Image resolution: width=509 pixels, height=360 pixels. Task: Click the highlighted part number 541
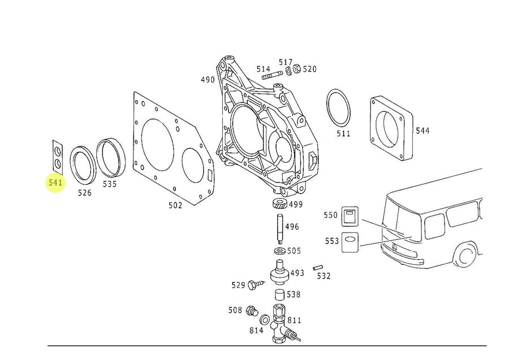coord(55,183)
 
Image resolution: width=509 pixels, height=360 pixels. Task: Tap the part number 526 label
coord(84,192)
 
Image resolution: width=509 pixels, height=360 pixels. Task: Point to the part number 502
coord(175,205)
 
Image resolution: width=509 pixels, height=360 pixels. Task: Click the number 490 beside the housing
coord(208,80)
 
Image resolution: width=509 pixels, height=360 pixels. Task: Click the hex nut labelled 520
coord(297,70)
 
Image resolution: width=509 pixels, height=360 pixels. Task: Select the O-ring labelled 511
coord(338,108)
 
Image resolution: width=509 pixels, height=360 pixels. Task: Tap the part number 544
coord(422,131)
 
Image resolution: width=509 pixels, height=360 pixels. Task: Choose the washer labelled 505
coord(279,251)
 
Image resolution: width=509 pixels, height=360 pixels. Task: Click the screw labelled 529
coord(256,285)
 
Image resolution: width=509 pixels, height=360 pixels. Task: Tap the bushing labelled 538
coord(279,295)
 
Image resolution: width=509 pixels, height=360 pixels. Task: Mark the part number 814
coord(256,331)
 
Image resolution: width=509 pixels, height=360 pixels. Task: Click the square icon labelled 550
coord(350,216)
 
